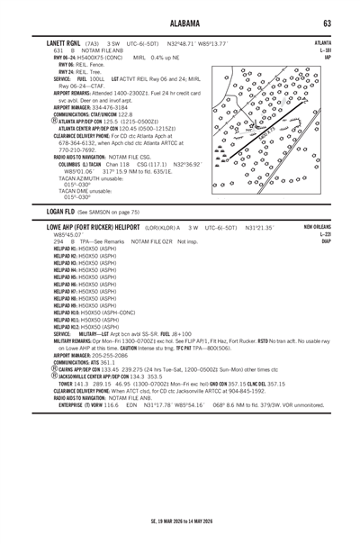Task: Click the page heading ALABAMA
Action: (x=180, y=22)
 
